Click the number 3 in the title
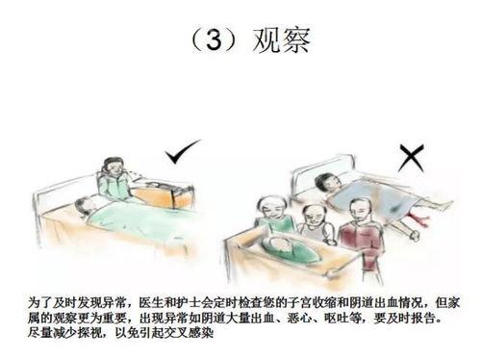point(214,40)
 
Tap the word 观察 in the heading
point(282,40)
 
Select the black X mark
point(412,158)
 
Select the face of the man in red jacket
point(360,212)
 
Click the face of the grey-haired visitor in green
point(272,208)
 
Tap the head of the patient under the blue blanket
point(327,183)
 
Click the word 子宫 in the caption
point(299,303)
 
